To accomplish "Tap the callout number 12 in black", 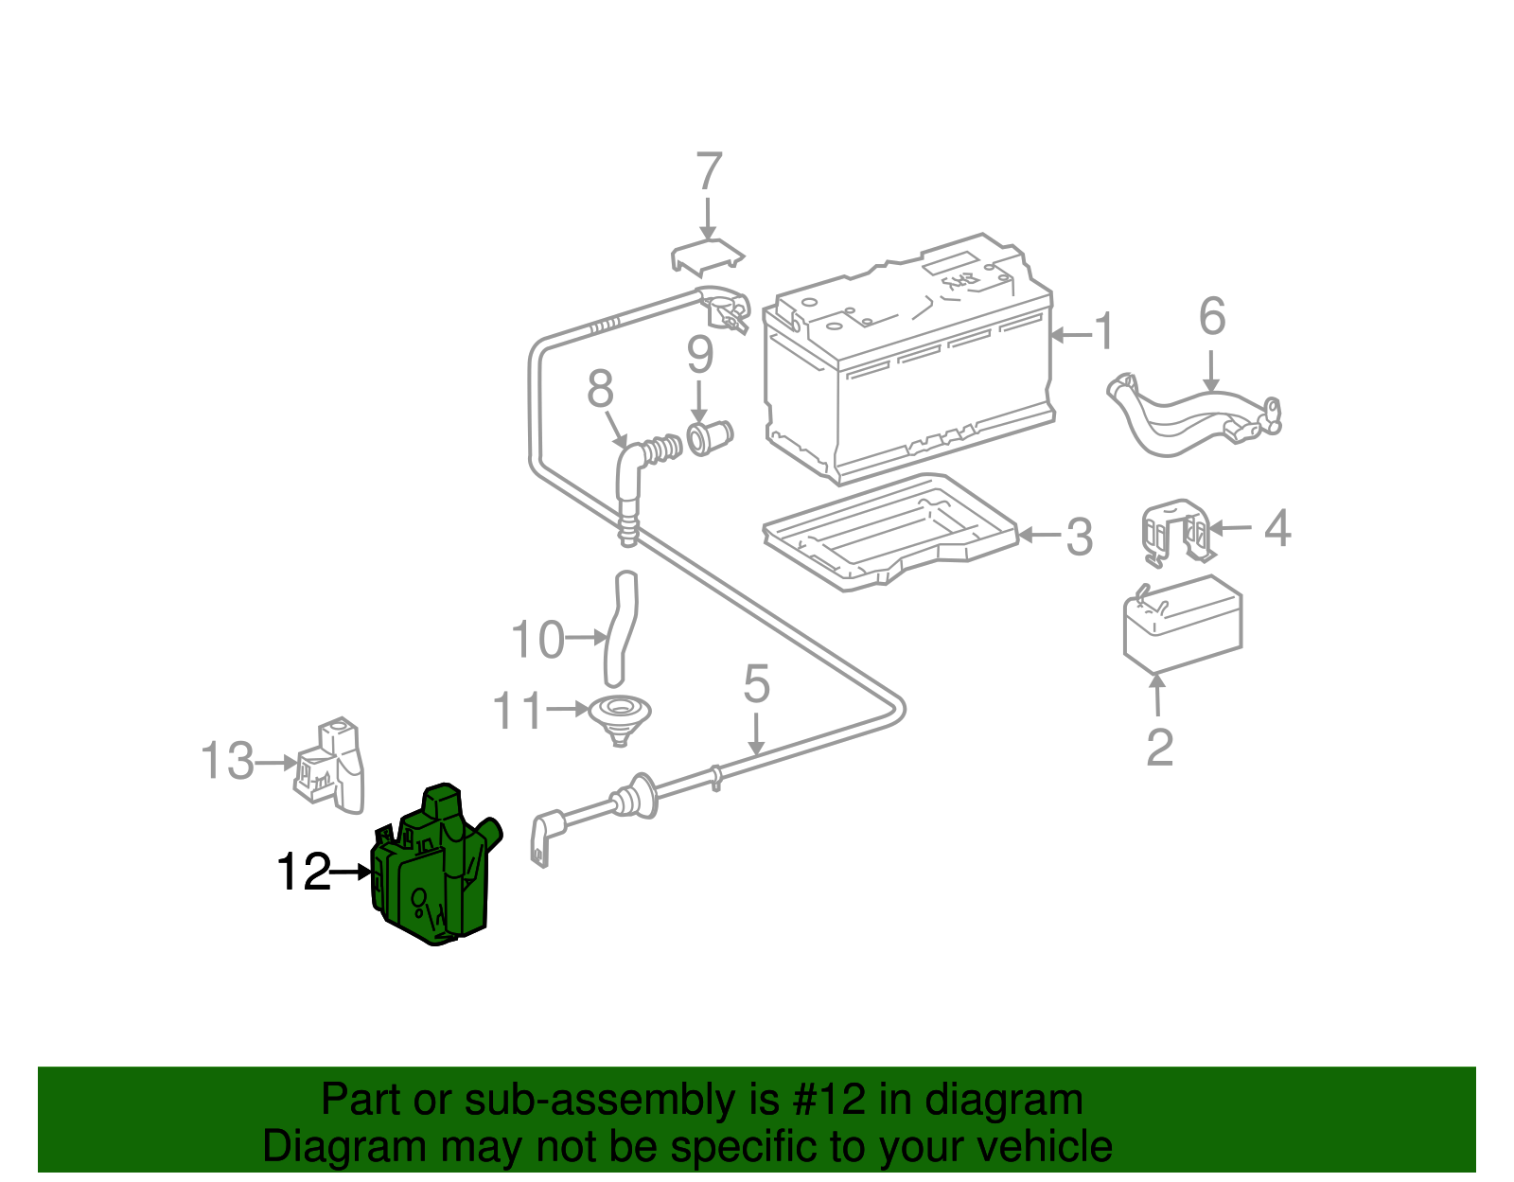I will (303, 873).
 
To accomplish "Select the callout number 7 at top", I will (709, 172).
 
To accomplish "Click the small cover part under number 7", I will (707, 256).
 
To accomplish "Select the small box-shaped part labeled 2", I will (1183, 623).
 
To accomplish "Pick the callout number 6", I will (1212, 317).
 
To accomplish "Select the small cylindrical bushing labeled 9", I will (709, 437).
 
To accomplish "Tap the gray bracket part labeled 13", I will (331, 767).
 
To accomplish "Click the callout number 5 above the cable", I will (756, 683).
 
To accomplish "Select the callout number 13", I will (227, 762).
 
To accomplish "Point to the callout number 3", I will (1080, 538).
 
